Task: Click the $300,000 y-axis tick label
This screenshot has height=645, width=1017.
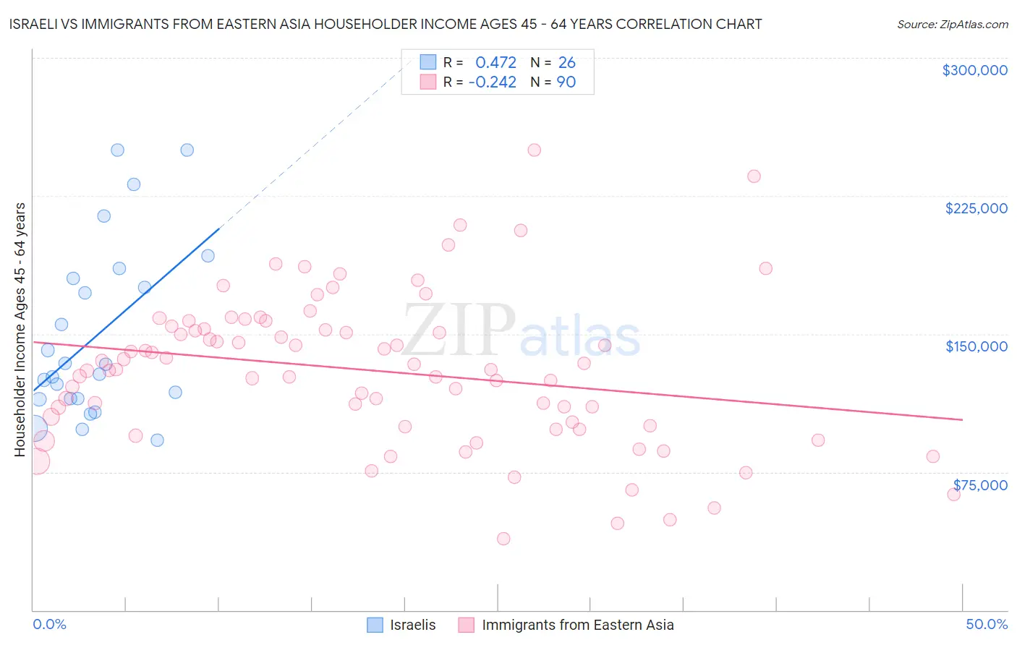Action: (974, 70)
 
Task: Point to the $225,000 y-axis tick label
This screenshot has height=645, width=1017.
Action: (976, 208)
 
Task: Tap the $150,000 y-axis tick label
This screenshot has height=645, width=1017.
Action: (976, 346)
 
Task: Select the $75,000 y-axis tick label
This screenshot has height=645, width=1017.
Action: (979, 485)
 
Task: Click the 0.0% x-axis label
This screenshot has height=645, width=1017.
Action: (49, 624)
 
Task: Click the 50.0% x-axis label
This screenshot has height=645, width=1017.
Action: (987, 624)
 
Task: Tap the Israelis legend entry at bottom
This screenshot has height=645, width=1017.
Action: (401, 625)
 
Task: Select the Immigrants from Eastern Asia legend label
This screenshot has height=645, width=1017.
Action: (577, 625)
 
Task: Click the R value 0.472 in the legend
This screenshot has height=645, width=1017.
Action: (495, 63)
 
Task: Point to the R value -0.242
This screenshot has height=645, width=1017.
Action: (493, 82)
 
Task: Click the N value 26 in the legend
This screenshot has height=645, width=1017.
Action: (566, 63)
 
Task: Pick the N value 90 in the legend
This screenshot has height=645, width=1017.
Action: (566, 82)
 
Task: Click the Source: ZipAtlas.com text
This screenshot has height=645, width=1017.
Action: (952, 24)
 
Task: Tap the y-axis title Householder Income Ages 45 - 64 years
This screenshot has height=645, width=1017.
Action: (20, 330)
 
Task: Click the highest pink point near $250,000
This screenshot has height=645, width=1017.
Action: (534, 150)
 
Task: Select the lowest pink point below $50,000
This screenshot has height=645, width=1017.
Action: (503, 539)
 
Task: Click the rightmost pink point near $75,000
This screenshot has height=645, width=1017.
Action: (953, 494)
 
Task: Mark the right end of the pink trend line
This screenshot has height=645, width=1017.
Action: (962, 419)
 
